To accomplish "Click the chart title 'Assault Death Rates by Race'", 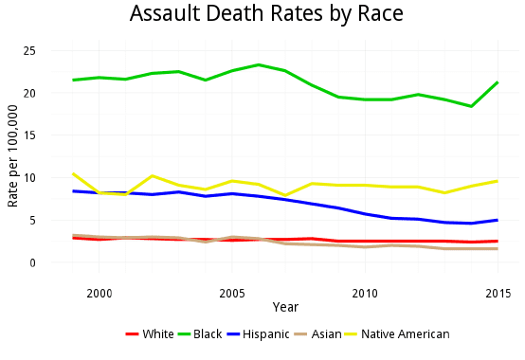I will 266,14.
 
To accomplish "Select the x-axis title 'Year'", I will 285,307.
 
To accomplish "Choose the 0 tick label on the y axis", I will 33,262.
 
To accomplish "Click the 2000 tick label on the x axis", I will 100,293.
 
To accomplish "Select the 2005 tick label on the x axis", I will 232,293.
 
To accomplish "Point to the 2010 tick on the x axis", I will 365,293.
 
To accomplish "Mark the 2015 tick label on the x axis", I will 498,293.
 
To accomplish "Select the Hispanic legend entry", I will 260,334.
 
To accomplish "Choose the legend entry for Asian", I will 323,334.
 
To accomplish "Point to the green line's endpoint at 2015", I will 498,82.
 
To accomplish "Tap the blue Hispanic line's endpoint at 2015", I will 498,220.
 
